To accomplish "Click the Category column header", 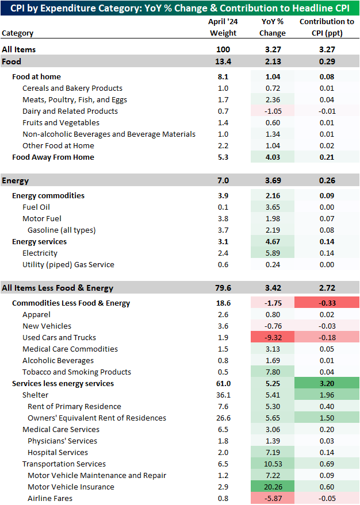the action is point(17,33).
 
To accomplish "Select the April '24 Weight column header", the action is point(223,28).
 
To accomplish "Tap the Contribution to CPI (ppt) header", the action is point(327,28).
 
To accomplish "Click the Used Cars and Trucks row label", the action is point(59,337).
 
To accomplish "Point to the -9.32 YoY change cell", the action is point(273,337).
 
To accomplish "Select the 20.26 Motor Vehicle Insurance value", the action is point(273,487).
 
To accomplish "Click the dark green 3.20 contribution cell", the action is point(327,384).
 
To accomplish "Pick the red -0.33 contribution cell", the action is point(327,303).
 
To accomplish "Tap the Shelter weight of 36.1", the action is point(223,395).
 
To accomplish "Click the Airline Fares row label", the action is point(50,499).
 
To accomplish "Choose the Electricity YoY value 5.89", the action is point(273,253).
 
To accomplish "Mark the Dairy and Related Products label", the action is point(70,111).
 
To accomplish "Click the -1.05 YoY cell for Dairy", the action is point(273,111).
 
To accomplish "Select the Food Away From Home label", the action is point(53,157).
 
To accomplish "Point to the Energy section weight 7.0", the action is point(223,180).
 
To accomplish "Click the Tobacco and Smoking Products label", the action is point(76,372).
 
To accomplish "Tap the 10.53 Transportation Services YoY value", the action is point(273,464).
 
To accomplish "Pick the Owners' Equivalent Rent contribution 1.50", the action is point(327,418).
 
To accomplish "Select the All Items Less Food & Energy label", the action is point(58,288).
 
